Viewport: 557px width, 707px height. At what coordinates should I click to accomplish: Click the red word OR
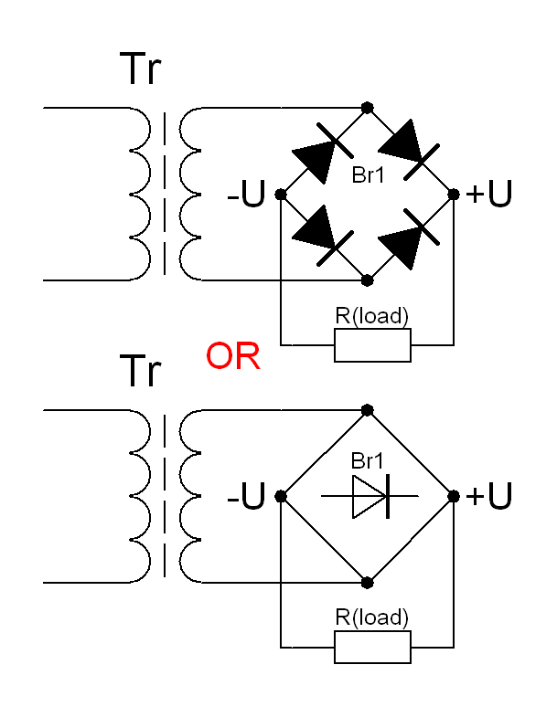click(x=233, y=356)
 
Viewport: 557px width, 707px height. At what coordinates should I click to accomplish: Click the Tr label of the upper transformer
click(x=141, y=69)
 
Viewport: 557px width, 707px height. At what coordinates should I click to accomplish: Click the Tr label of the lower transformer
click(x=141, y=373)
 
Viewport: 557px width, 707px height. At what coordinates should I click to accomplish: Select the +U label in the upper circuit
click(x=488, y=194)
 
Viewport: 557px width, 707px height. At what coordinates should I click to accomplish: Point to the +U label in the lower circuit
click(x=488, y=496)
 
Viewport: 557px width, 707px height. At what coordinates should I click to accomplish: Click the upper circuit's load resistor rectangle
click(x=372, y=345)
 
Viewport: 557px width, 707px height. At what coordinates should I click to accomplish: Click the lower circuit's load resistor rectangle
click(x=372, y=647)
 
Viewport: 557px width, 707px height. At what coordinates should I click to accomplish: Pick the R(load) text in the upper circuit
click(x=372, y=317)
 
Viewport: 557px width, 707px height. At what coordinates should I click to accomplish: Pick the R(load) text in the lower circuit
click(x=372, y=617)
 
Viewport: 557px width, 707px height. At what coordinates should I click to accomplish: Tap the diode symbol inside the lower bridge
click(x=370, y=496)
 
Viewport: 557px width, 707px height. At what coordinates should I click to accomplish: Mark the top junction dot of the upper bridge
click(x=368, y=108)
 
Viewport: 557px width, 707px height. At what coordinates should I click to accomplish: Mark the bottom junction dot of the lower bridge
click(x=368, y=582)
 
